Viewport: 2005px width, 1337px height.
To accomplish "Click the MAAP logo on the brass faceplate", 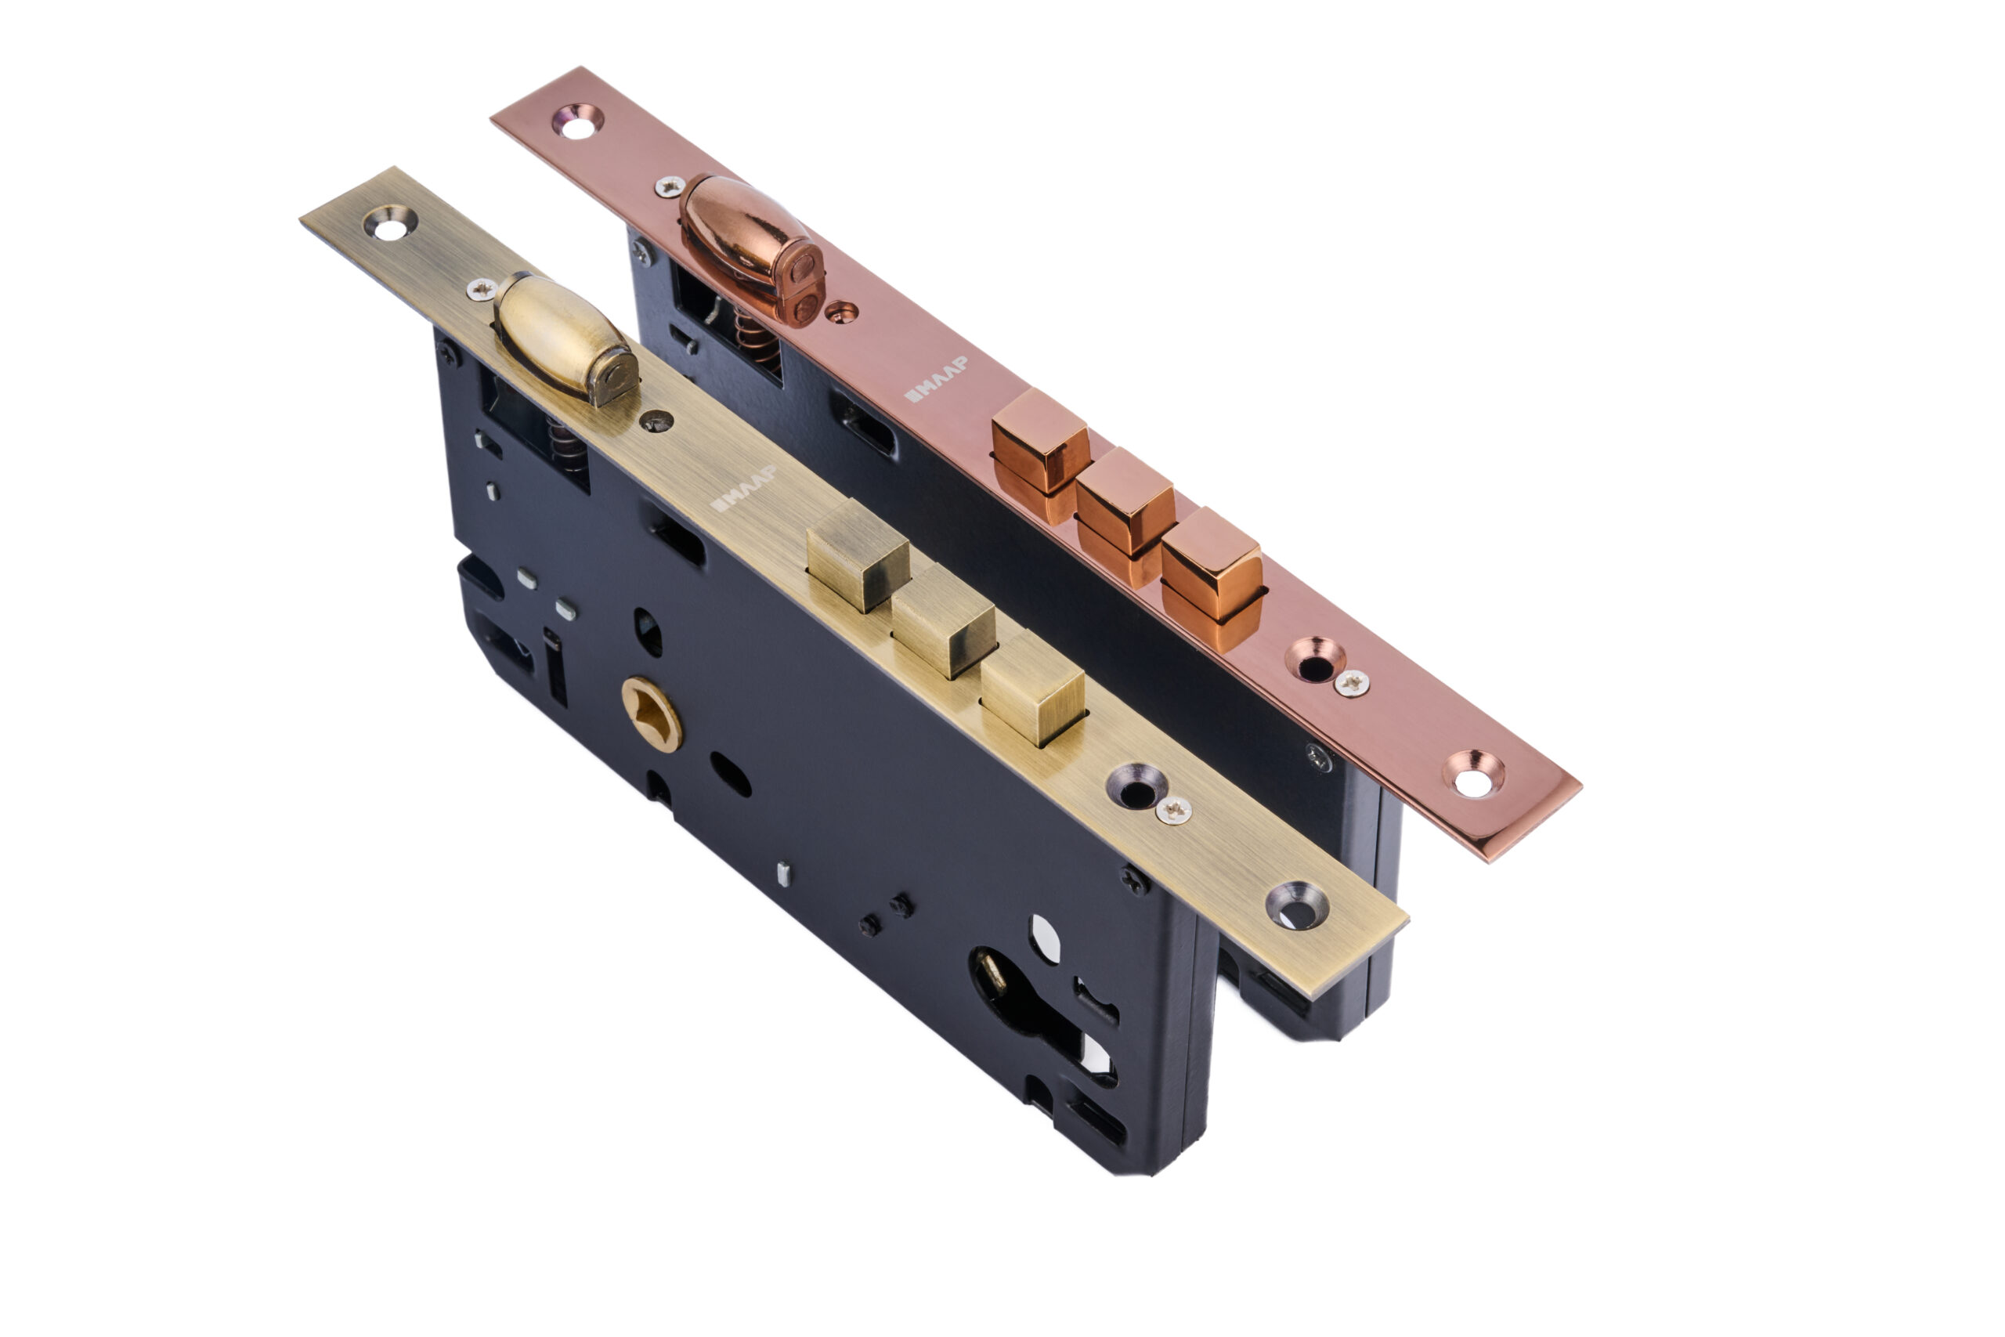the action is pos(742,489).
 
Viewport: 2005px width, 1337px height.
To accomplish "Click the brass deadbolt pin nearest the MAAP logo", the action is pos(857,555).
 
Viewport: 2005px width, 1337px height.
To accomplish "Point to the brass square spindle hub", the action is pos(652,714).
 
